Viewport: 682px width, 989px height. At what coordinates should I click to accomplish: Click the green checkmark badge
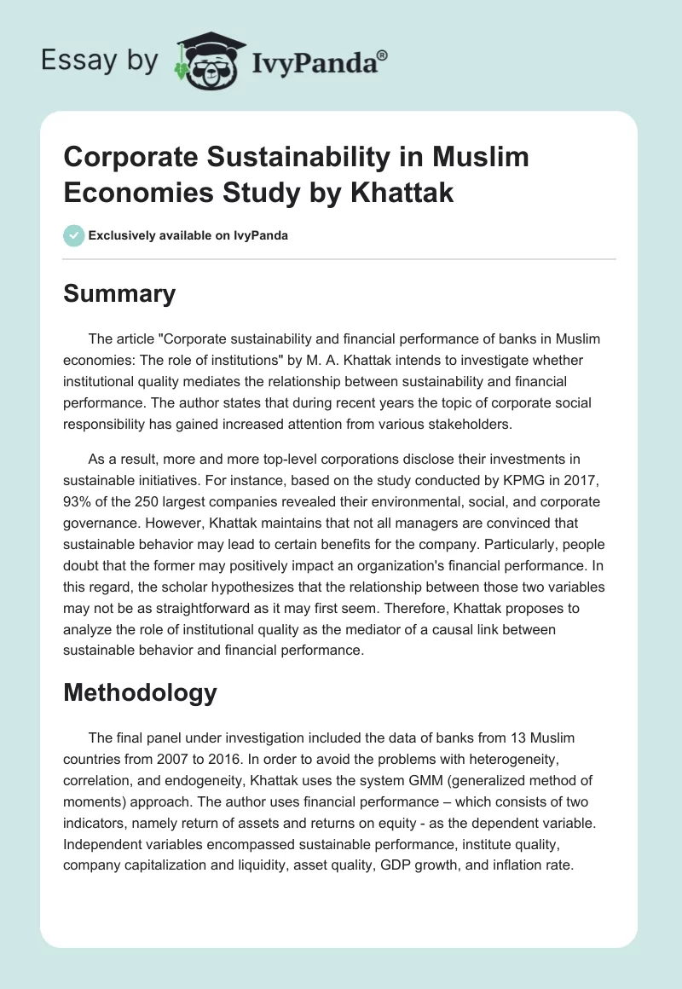tap(73, 235)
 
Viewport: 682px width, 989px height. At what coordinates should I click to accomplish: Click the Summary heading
tap(119, 294)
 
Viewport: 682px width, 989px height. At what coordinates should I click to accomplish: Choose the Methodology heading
tap(141, 692)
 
